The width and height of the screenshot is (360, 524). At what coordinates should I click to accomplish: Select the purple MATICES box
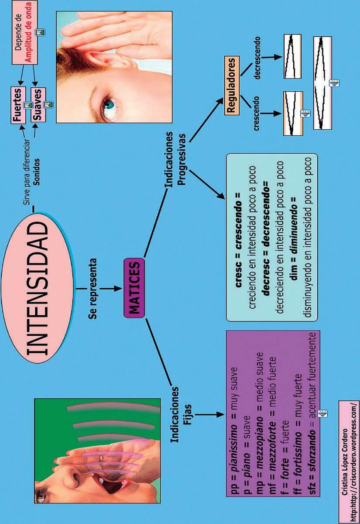coord(134,288)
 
